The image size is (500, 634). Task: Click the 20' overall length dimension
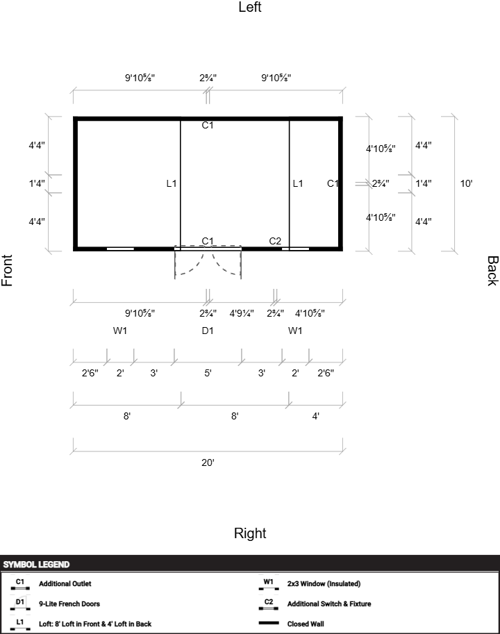tap(208, 462)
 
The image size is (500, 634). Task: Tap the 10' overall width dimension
tap(466, 183)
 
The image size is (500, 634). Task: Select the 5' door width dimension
tap(208, 373)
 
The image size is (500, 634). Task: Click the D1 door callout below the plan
tap(208, 331)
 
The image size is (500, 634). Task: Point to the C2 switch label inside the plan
tap(275, 241)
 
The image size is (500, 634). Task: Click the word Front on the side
tap(7, 271)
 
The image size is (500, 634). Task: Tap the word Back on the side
tap(492, 271)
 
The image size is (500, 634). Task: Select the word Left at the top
tap(250, 7)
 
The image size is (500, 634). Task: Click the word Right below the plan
tap(250, 533)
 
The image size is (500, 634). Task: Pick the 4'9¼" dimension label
tap(242, 313)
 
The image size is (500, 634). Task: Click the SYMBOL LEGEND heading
tap(36, 565)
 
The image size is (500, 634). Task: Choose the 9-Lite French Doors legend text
tap(69, 603)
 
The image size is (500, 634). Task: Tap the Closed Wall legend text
tap(306, 624)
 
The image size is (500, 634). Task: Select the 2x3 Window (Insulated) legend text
tap(324, 584)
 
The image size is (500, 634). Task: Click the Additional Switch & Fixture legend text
tap(329, 603)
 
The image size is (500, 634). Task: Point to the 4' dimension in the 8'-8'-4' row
tap(316, 416)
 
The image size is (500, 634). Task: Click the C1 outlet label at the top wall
tap(208, 126)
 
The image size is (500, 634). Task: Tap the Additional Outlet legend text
tap(65, 584)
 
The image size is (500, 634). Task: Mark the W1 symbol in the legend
tap(268, 583)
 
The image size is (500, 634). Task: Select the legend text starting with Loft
tap(95, 624)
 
